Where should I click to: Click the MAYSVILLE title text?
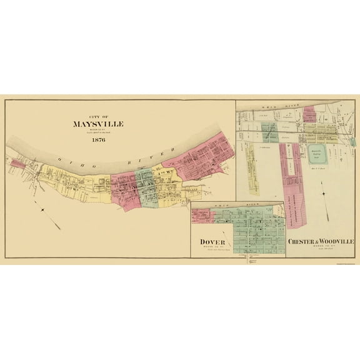pyautogui.click(x=97, y=124)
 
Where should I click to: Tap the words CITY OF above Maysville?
pyautogui.click(x=97, y=116)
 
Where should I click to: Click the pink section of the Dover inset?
pyautogui.click(x=204, y=215)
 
